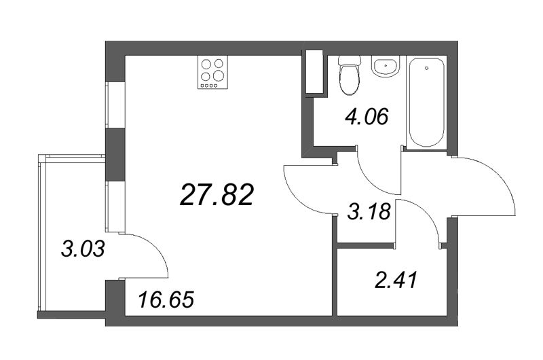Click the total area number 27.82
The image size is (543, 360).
click(217, 196)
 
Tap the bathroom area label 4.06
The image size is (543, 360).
click(367, 118)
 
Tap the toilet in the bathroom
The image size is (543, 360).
click(350, 75)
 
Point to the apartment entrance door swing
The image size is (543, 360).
click(485, 187)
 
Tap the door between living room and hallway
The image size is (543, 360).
click(305, 190)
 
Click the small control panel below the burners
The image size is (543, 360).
click(208, 86)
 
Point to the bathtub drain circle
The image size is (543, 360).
click(426, 67)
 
